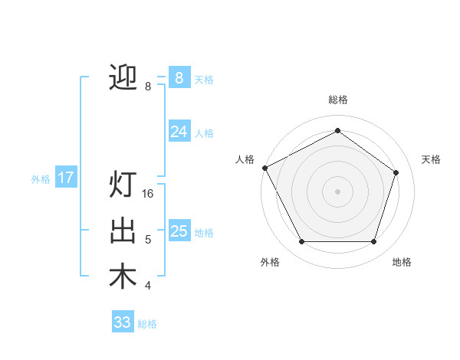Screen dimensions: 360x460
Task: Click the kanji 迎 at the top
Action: (123, 77)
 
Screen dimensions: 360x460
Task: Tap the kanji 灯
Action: (123, 185)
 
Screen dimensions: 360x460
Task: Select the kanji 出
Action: (123, 231)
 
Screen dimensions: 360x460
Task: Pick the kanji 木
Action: (123, 277)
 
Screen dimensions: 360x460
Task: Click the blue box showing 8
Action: (179, 78)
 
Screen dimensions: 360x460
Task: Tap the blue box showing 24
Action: (179, 132)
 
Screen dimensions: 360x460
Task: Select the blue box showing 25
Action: (179, 231)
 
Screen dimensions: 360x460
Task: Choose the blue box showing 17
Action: (65, 178)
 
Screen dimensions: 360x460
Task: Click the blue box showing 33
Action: (122, 322)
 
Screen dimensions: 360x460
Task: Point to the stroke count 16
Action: (149, 194)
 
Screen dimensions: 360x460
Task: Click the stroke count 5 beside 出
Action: (148, 240)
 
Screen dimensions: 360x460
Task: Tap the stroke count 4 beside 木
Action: (148, 286)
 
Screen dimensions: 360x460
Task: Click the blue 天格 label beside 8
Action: (204, 80)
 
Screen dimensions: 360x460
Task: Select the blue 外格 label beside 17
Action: (41, 179)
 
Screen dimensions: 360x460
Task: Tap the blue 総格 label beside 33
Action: (147, 324)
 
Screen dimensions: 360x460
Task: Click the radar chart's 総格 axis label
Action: (337, 100)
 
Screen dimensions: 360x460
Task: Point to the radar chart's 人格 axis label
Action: (245, 159)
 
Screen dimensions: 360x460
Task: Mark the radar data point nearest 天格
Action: (396, 172)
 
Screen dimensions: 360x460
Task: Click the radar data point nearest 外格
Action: (301, 242)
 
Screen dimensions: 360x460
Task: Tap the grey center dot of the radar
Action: (337, 191)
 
